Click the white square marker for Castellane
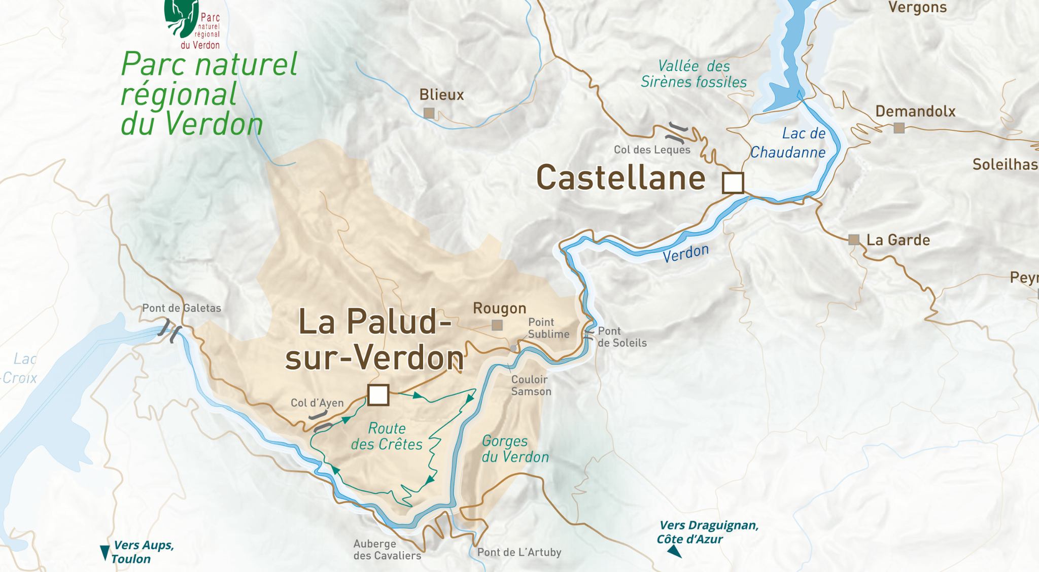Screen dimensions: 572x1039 click(x=733, y=183)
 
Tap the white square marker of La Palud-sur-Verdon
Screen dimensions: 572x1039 click(x=378, y=395)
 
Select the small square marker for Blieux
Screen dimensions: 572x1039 click(x=429, y=113)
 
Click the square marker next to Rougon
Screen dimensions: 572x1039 click(x=497, y=325)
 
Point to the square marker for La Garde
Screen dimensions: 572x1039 click(x=854, y=239)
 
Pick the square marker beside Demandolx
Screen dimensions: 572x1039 click(x=899, y=128)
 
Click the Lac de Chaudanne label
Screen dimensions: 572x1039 click(x=789, y=143)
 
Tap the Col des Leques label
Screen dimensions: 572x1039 click(x=652, y=150)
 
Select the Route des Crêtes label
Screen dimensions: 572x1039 click(x=387, y=436)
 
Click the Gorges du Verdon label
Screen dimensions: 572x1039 click(x=515, y=449)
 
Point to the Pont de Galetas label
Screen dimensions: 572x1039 click(x=182, y=308)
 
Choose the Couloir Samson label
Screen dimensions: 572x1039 click(x=531, y=385)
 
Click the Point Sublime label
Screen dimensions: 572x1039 click(x=548, y=328)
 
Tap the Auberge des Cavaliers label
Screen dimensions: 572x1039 click(x=387, y=550)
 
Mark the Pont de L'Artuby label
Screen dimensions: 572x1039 click(x=519, y=552)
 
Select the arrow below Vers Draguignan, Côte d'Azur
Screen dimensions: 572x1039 click(x=674, y=551)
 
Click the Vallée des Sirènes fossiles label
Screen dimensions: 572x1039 click(x=694, y=74)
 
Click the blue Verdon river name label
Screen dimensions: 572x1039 click(x=685, y=253)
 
